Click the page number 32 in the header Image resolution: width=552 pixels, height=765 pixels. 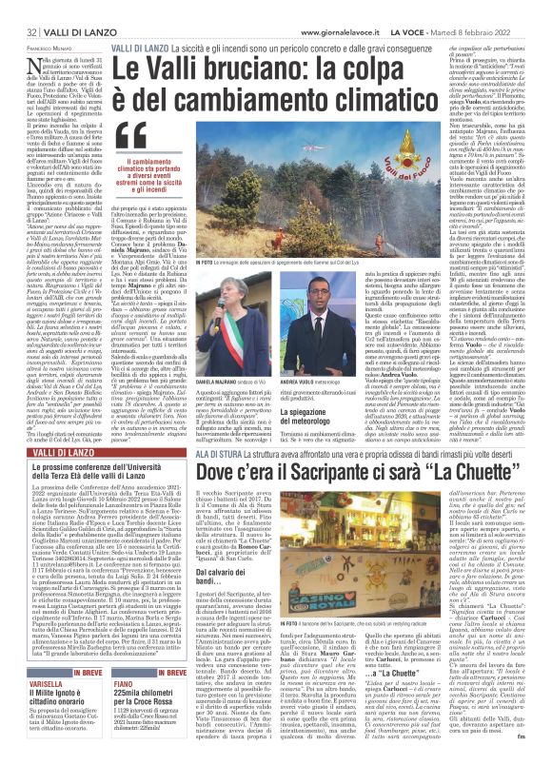point(17,9)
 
